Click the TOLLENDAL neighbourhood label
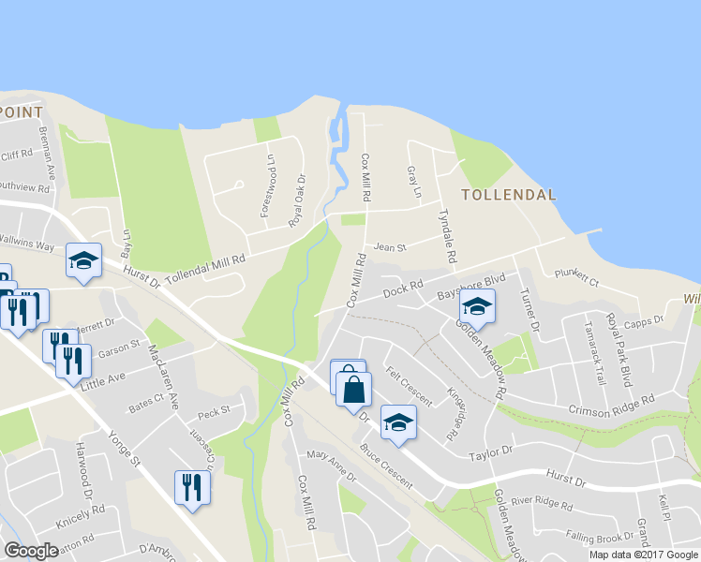pyautogui.click(x=509, y=195)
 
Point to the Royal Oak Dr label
pyautogui.click(x=297, y=202)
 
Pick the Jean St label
pyautogui.click(x=389, y=248)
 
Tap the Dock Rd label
pyautogui.click(x=404, y=289)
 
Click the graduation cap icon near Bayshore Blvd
pyautogui.click(x=477, y=306)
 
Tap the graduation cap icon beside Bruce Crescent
pyautogui.click(x=398, y=421)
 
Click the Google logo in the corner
pyautogui.click(x=31, y=550)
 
